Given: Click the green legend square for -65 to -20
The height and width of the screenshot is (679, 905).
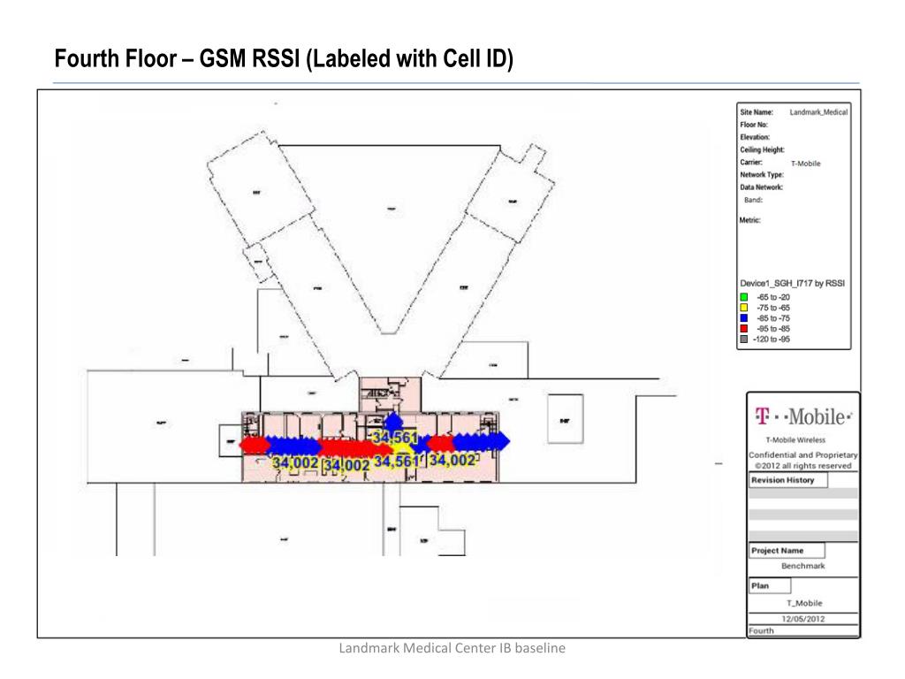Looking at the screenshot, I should pos(744,297).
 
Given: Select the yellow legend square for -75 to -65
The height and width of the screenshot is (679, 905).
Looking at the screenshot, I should pos(744,308).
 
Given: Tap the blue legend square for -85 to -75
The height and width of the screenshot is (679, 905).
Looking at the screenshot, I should pos(744,318).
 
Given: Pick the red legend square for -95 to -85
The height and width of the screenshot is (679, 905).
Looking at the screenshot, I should pos(744,329).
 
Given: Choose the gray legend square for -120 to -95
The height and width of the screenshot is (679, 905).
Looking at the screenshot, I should pos(744,339).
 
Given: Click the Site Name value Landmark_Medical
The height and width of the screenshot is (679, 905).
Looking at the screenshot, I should pos(818,112).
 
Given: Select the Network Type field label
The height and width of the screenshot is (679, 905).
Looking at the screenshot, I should pos(761,175).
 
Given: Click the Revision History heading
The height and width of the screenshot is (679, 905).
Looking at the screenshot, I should pos(782,481).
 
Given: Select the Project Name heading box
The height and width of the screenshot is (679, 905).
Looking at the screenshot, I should pos(778,551).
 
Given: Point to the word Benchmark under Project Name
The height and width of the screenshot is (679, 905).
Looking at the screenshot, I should pos(802,566).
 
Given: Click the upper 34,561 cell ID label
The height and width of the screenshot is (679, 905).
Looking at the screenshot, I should pos(394,438).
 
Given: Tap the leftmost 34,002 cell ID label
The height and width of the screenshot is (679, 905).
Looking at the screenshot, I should pos(295,463).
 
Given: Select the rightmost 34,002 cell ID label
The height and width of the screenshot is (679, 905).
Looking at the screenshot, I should pos(452,461).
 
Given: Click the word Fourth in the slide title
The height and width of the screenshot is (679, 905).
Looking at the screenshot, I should pos(87,60).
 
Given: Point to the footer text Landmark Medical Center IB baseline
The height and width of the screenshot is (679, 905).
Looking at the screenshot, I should pos(452,649).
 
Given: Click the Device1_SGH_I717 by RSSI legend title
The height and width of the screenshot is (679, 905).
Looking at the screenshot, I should pos(793,284).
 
